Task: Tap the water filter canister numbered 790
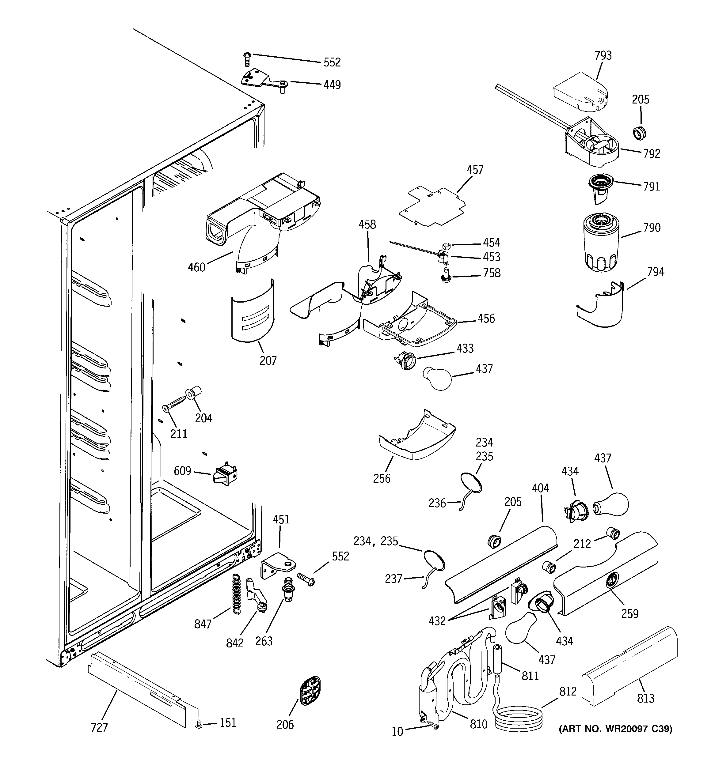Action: pyautogui.click(x=600, y=243)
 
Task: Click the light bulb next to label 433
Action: pyautogui.click(x=437, y=378)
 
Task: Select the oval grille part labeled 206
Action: pyautogui.click(x=310, y=691)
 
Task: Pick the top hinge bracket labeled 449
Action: pyautogui.click(x=263, y=80)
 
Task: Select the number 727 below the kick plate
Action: pyautogui.click(x=99, y=727)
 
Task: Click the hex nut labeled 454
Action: pyautogui.click(x=446, y=245)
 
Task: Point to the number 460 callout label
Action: pyautogui.click(x=196, y=267)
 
